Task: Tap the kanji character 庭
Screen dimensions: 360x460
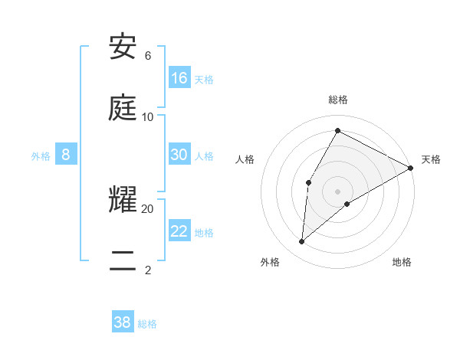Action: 123,108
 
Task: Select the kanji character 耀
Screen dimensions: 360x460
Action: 123,201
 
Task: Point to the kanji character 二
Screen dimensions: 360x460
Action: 123,261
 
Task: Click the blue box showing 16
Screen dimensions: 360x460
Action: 179,78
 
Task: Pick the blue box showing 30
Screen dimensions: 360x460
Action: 179,155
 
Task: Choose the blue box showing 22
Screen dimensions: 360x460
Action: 179,231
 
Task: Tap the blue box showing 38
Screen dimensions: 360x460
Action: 123,322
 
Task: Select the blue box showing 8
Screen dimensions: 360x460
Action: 66,155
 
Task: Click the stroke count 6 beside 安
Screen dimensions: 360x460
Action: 148,56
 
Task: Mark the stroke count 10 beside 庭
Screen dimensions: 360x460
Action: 148,117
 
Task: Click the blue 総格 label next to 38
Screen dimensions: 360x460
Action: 147,324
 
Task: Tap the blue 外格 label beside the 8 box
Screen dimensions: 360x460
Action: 41,155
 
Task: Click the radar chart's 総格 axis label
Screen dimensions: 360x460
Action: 338,100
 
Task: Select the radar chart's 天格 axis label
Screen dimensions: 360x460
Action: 431,159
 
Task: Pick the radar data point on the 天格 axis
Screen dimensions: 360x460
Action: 411,168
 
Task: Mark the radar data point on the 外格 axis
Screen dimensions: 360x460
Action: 302,242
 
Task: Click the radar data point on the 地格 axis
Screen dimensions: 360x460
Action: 347,204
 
